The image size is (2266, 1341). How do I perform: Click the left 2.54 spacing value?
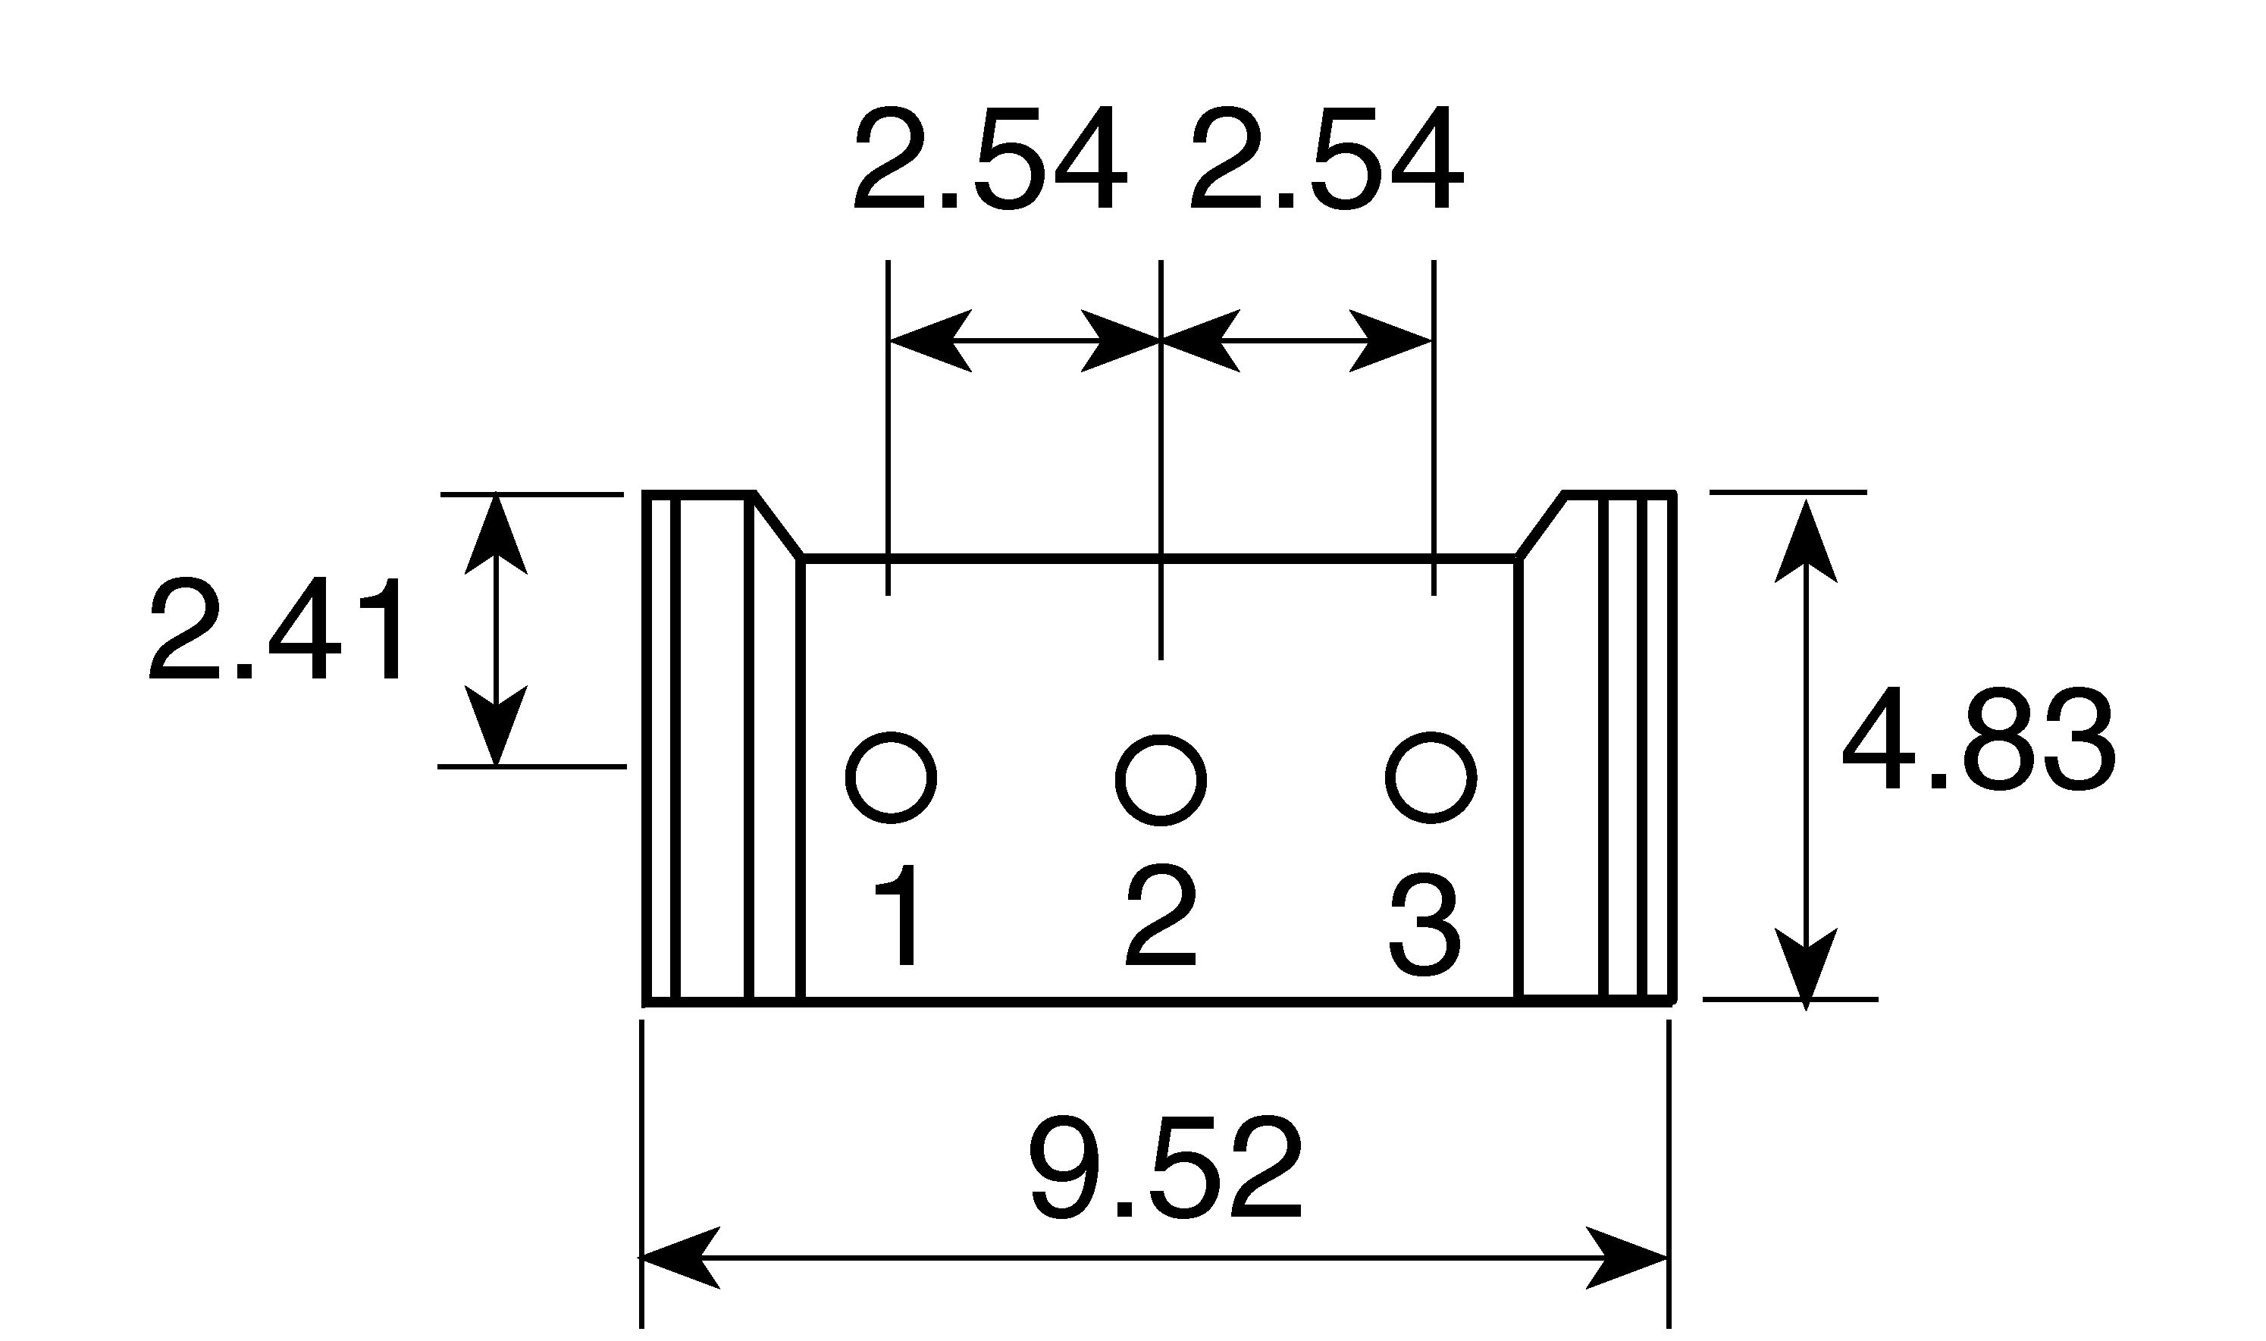click(990, 159)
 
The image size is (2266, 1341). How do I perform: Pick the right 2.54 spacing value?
click(1327, 159)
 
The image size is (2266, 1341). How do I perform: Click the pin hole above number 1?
click(891, 778)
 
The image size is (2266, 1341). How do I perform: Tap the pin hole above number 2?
click(1161, 780)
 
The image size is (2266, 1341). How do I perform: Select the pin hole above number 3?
click(1431, 778)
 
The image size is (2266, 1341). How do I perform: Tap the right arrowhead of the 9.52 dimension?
click(1627, 1257)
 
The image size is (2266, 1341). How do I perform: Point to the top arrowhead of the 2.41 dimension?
click(496, 534)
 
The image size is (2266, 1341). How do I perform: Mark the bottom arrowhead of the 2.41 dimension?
click(496, 725)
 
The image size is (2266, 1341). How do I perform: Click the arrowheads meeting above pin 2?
click(1161, 340)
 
